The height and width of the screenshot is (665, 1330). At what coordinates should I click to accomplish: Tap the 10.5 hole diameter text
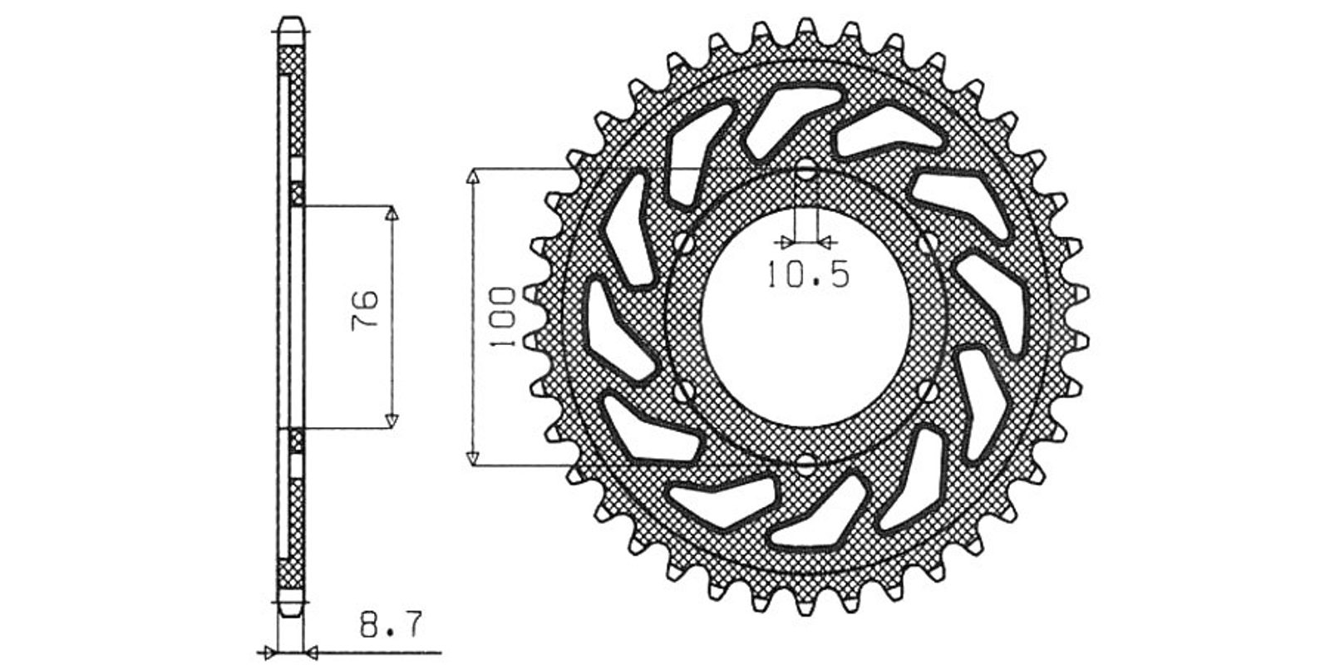pyautogui.click(x=808, y=275)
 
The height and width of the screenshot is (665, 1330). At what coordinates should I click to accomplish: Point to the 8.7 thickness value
pyautogui.click(x=392, y=624)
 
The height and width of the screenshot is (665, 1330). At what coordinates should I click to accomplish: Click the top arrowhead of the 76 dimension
pyautogui.click(x=391, y=213)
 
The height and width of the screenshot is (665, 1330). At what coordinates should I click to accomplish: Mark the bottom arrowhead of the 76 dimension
pyautogui.click(x=391, y=421)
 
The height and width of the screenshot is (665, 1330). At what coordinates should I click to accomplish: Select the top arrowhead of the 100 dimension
pyautogui.click(x=473, y=175)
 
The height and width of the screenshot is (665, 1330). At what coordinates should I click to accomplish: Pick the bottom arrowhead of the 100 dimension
pyautogui.click(x=473, y=458)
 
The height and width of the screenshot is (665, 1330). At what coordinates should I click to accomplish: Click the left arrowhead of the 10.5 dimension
pyautogui.click(x=786, y=242)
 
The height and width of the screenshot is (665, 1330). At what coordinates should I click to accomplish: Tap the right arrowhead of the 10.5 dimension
pyautogui.click(x=825, y=242)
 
